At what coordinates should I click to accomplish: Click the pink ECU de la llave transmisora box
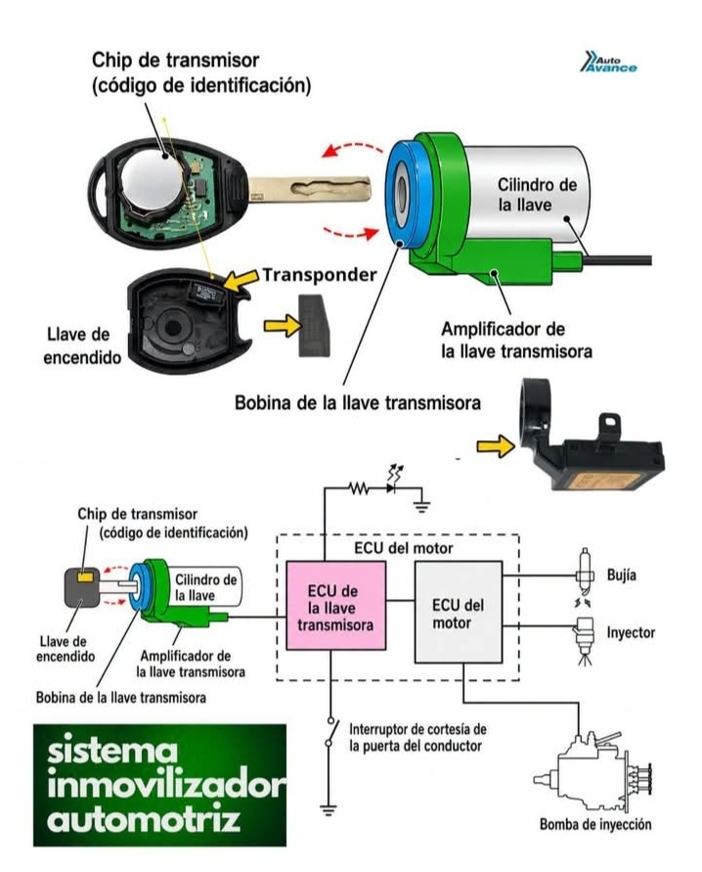pos(335,605)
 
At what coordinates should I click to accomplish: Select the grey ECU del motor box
pos(459,612)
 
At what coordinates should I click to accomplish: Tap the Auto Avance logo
pos(609,62)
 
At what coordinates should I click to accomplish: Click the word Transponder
pos(320,274)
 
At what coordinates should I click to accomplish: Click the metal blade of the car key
pos(309,190)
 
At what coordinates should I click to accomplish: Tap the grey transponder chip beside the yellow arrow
pos(315,325)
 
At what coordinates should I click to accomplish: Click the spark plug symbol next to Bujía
pos(583,572)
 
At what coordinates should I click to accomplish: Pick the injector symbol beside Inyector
pos(585,639)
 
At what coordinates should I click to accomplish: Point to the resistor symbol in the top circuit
pos(359,488)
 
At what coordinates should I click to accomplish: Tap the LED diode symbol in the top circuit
pos(393,483)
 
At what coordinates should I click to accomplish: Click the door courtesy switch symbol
pos(331,733)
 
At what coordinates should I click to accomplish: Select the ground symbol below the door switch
pos(329,809)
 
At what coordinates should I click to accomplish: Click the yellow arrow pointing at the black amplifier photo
pos(496,446)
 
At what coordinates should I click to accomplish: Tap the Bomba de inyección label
pos(595,824)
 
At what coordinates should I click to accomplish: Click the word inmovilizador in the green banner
pos(167,786)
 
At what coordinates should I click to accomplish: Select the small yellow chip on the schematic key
pos(85,576)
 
